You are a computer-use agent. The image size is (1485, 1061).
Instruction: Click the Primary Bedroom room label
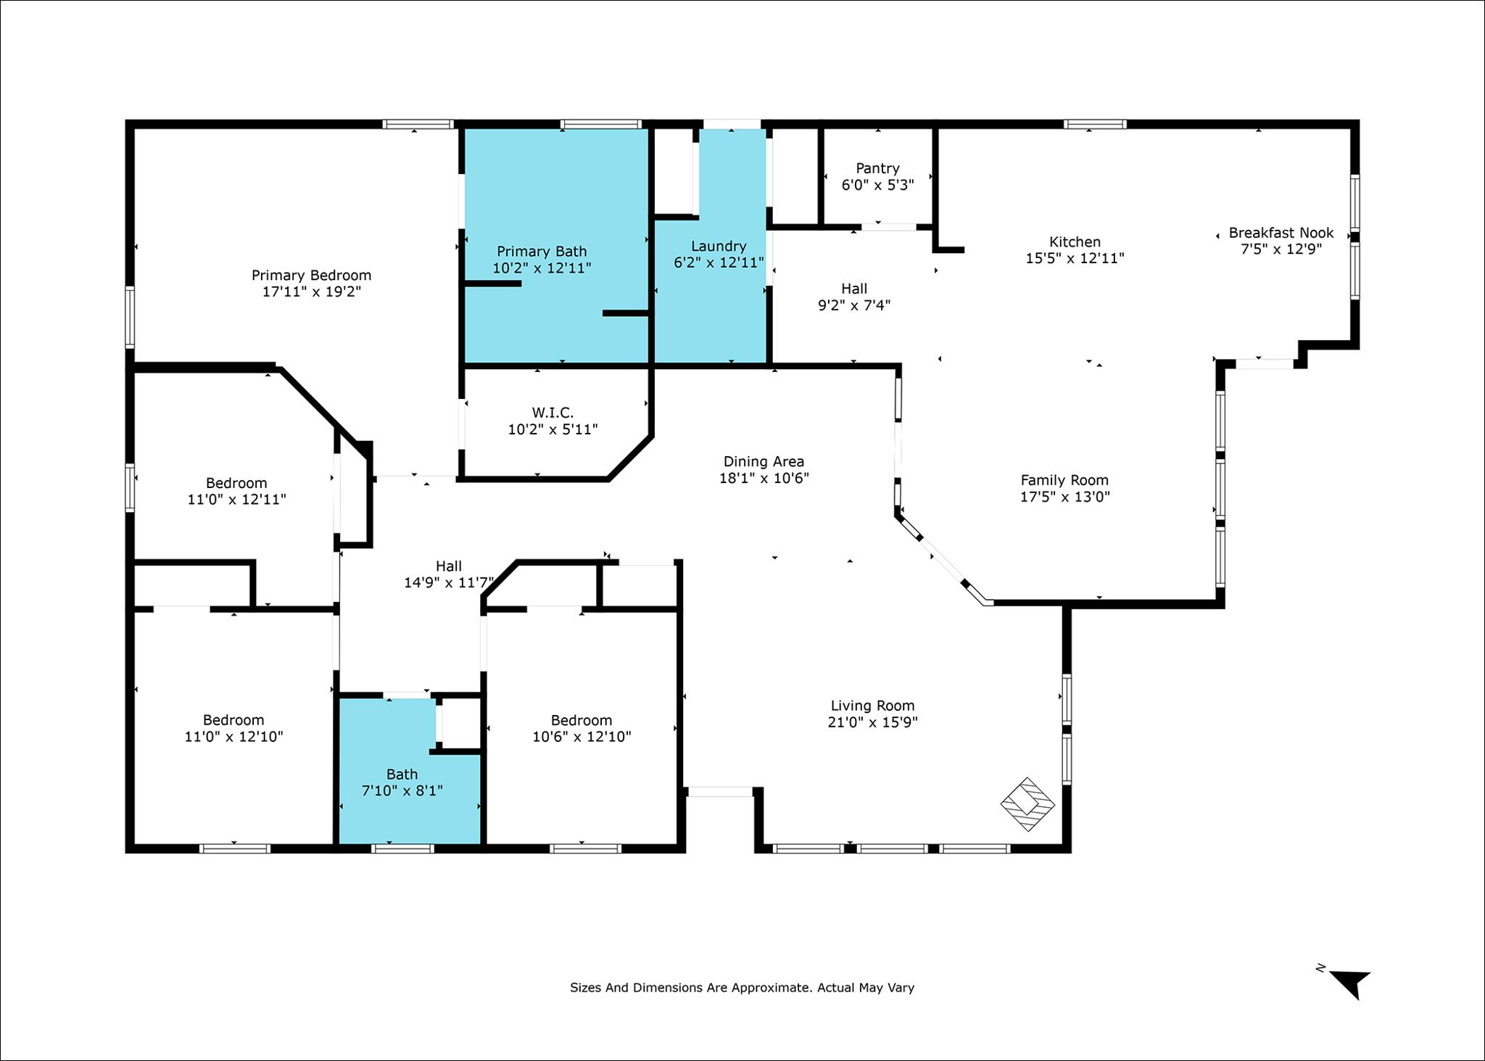pos(311,276)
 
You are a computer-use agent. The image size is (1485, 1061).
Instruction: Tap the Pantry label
pos(877,168)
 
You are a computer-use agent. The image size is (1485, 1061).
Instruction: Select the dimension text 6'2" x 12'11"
pos(719,263)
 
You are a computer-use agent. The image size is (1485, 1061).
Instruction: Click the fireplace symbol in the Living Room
pos(1027,804)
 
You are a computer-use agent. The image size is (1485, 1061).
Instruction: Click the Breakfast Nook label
pos(1281,233)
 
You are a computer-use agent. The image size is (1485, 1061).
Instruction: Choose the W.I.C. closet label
pos(553,413)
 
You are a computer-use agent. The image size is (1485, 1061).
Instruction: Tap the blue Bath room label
pos(402,774)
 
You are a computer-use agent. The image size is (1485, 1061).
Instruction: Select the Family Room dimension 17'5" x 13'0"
pos(1064,497)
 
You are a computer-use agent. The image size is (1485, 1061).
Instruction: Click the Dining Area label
pos(764,461)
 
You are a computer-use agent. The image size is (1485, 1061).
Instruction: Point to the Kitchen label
pos(1075,241)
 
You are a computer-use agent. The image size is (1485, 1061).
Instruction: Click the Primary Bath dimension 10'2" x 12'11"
pos(542,268)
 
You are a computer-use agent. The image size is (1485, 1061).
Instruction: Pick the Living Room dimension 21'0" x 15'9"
pos(872,722)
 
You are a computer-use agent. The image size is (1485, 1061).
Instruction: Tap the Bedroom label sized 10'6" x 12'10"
pos(582,720)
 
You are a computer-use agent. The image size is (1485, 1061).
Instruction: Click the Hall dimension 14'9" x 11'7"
pos(449,582)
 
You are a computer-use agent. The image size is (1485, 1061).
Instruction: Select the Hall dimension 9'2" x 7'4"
pos(854,305)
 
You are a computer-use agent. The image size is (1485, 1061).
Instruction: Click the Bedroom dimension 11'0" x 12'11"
pos(236,500)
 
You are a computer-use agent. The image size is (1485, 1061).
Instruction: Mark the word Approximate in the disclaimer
pos(771,988)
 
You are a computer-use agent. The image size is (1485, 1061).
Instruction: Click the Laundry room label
pos(719,246)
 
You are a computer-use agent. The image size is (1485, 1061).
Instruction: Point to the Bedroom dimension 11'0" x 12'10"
pos(233,737)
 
